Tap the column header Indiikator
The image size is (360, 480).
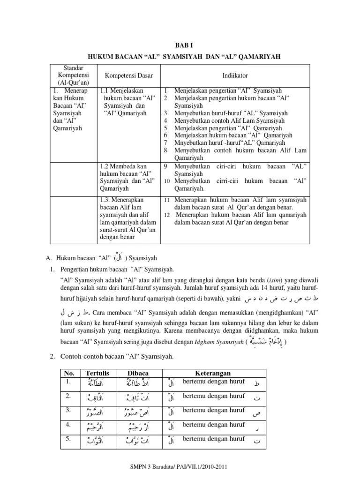click(235, 75)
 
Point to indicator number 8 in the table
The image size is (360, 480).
click(165, 150)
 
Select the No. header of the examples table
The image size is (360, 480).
click(69, 373)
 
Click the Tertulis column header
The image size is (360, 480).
click(97, 373)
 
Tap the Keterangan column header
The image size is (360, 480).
click(214, 373)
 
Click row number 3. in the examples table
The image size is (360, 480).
click(68, 410)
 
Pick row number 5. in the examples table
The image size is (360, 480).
click(68, 439)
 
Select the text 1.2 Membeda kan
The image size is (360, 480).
click(124, 166)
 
